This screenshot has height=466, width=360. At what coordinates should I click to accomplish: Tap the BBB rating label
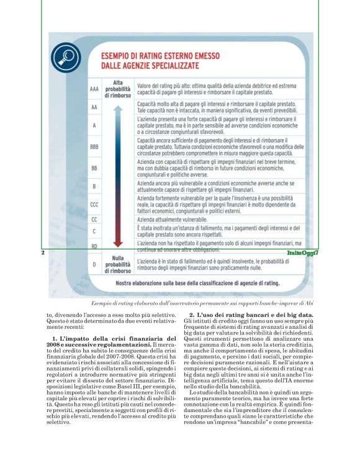point(94,147)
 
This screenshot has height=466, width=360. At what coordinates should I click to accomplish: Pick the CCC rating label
point(94,203)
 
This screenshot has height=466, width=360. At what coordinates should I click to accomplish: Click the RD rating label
point(94,246)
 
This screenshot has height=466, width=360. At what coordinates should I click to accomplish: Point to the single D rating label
point(94,264)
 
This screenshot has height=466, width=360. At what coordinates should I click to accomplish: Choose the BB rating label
point(94,168)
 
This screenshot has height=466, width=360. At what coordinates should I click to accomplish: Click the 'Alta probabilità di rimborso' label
point(117,89)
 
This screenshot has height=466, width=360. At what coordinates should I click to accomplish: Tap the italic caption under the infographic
point(202,303)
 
